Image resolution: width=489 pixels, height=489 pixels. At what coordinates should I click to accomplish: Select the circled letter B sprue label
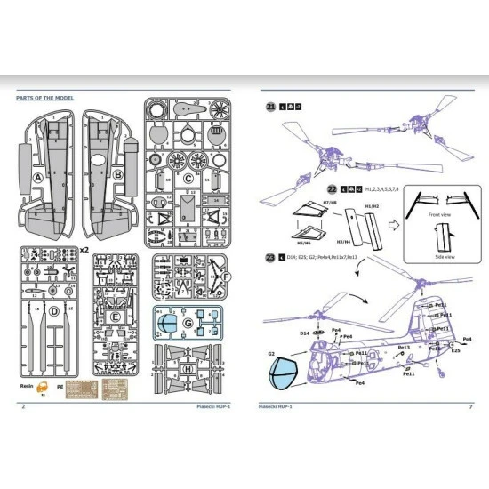[118, 176]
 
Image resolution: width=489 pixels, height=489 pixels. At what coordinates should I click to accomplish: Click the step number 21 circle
[271, 108]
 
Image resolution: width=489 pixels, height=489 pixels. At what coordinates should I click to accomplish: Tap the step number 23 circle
[270, 258]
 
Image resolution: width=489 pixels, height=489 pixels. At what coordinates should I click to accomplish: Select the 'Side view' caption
[439, 252]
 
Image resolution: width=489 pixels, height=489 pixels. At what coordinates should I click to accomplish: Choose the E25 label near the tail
[455, 352]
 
